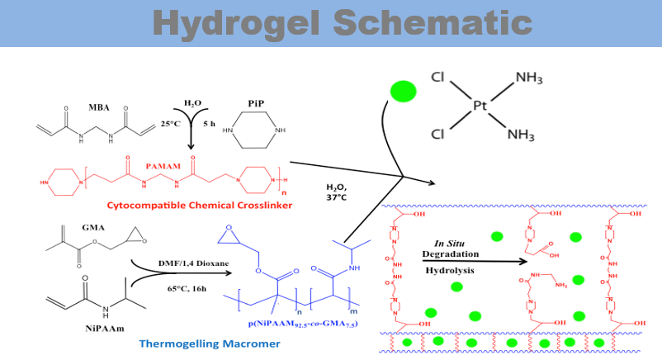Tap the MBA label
click(x=99, y=107)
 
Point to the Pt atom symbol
click(x=482, y=106)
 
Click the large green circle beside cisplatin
click(x=402, y=91)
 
